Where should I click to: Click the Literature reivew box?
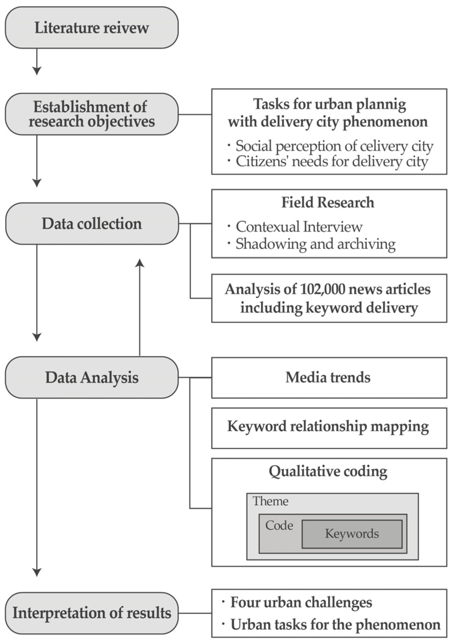(91, 28)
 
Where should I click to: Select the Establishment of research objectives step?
(91, 114)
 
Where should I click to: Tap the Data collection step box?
(91, 224)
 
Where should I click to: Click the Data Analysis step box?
(91, 377)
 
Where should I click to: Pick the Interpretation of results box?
(91, 613)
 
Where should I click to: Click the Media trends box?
(329, 377)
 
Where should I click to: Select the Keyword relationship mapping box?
(329, 426)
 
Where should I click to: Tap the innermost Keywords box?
(352, 534)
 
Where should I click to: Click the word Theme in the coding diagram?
(270, 501)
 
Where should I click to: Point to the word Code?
(279, 526)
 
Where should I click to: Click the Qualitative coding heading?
(328, 471)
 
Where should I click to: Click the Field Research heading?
(328, 202)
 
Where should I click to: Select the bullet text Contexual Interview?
(299, 227)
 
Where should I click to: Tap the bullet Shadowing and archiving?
(315, 244)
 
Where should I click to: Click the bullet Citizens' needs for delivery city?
(332, 161)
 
